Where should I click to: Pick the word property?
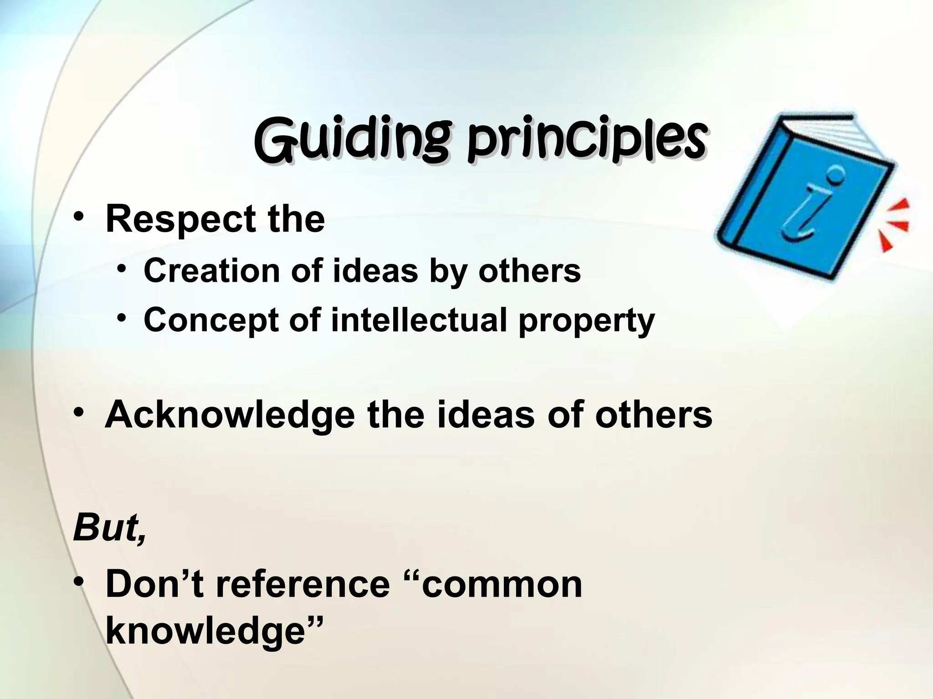[586, 321]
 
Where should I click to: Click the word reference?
[303, 584]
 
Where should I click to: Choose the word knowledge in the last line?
[205, 632]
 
